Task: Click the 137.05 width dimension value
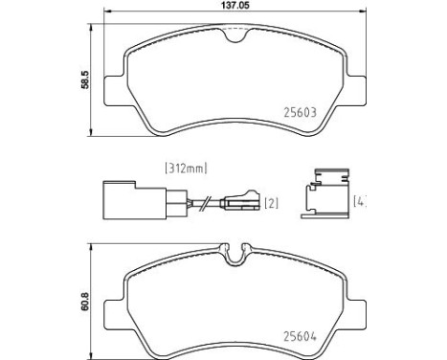tap(235, 6)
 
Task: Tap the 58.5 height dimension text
tap(86, 79)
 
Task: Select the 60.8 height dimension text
tap(85, 302)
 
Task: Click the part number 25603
tap(300, 112)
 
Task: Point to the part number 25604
tap(300, 336)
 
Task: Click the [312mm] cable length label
tap(186, 169)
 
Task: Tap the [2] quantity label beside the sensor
tap(272, 203)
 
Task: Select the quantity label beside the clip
tap(360, 201)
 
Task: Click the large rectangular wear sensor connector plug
tap(134, 200)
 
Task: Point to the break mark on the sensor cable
tap(205, 203)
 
